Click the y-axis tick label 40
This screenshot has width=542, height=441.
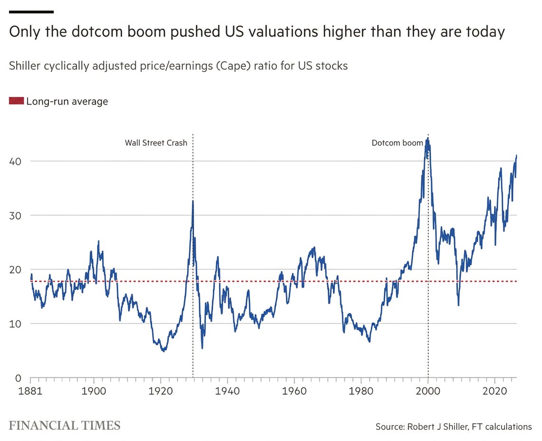(15, 161)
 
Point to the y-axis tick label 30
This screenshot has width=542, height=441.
(15, 215)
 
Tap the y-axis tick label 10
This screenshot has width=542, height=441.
(15, 324)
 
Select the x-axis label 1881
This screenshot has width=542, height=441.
(30, 391)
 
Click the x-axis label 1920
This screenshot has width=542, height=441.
(160, 391)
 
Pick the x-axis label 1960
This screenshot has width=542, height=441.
(294, 391)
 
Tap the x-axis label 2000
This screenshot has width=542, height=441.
(428, 391)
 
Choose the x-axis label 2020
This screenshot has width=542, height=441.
(495, 391)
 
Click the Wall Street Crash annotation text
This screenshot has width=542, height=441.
(156, 143)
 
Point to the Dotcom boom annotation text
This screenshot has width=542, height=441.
(397, 143)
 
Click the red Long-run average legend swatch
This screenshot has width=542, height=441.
(16, 101)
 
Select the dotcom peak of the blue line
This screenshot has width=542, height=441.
(428, 138)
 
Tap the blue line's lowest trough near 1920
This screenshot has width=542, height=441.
(163, 351)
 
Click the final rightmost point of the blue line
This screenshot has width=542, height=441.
(516, 155)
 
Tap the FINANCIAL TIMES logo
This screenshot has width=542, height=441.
(65, 425)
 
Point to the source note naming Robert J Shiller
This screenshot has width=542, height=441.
(454, 426)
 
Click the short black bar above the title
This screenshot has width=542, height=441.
(31, 12)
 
